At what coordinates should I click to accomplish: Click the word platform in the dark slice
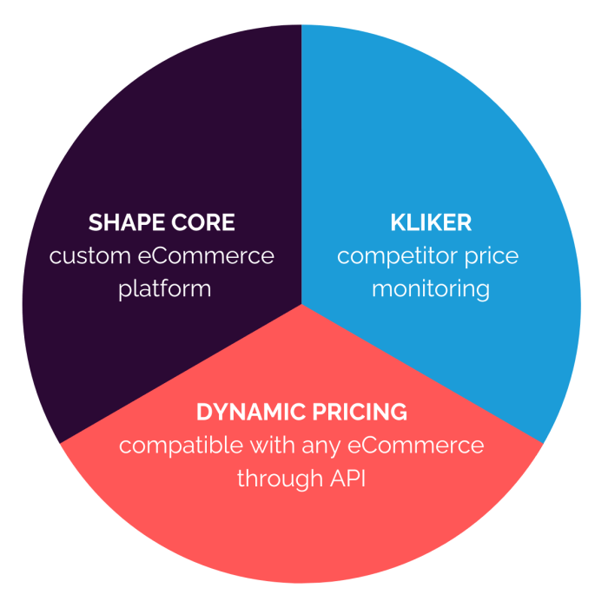tap(165, 288)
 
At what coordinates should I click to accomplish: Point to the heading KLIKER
tap(431, 222)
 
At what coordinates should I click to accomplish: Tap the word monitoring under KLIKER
tap(431, 288)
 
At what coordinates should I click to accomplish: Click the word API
tap(345, 478)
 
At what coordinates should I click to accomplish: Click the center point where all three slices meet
tap(301, 303)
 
